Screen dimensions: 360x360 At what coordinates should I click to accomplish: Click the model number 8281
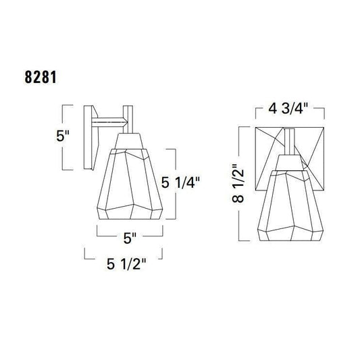click(41, 77)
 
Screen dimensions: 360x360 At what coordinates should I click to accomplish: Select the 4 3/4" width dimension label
click(288, 108)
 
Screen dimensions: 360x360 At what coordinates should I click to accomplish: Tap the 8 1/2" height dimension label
click(238, 183)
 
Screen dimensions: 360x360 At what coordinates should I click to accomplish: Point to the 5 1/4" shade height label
click(180, 182)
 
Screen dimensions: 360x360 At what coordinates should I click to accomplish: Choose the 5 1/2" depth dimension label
click(126, 264)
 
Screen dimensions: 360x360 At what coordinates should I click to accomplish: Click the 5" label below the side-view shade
click(130, 238)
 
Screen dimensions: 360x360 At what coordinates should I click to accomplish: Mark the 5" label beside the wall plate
click(63, 136)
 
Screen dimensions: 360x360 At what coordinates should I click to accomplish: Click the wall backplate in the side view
click(91, 138)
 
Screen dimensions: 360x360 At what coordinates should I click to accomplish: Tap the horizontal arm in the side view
click(109, 122)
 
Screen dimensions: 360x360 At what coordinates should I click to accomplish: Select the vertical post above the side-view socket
click(128, 119)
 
